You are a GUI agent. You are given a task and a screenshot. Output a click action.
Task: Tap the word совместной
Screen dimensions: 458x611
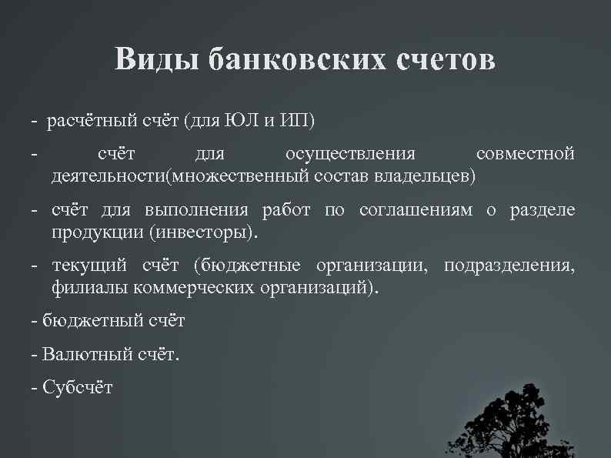click(x=525, y=155)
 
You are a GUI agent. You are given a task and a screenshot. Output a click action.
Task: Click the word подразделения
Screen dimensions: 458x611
click(x=509, y=267)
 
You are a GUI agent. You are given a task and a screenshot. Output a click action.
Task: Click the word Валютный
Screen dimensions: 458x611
click(x=78, y=355)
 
